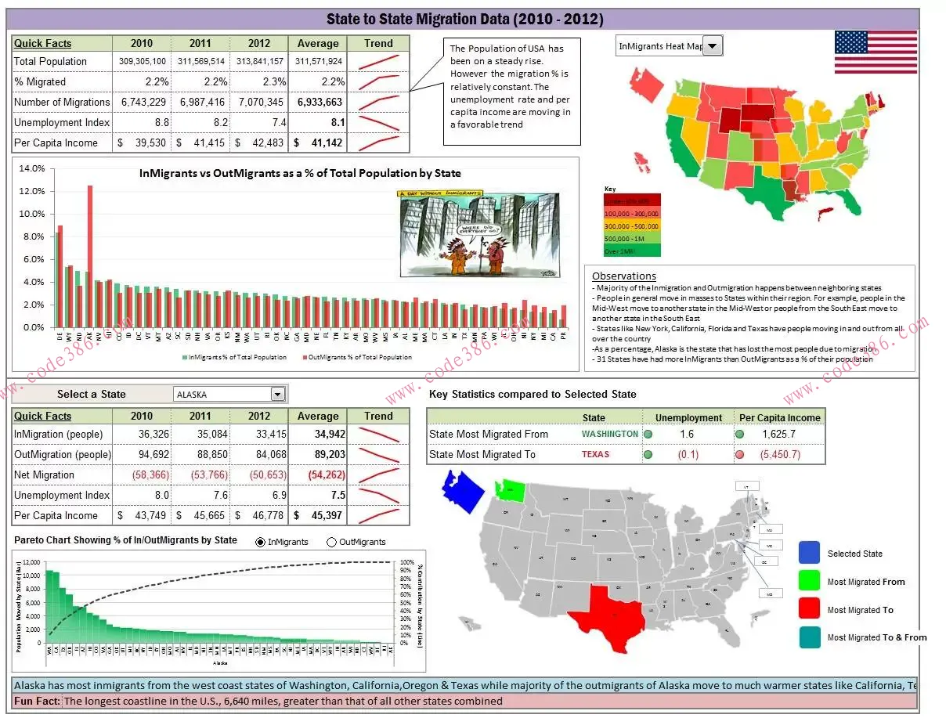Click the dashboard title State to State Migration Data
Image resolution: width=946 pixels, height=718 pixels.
click(464, 20)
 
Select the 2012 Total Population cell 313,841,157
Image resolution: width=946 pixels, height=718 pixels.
click(259, 61)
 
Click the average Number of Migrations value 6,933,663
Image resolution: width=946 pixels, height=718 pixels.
click(319, 102)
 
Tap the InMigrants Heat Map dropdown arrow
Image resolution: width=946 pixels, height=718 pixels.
click(712, 46)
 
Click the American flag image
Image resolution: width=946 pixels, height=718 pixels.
click(876, 52)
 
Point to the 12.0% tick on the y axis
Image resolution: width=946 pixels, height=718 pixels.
click(32, 191)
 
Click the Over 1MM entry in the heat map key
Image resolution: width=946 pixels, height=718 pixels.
click(632, 251)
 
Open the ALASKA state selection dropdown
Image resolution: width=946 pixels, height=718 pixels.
click(277, 394)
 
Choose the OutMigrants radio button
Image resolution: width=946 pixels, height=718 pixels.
click(331, 542)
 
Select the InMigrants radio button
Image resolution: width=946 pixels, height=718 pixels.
click(261, 542)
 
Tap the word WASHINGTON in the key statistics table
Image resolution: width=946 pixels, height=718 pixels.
click(609, 434)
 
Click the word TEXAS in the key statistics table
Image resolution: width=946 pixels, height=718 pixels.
click(595, 454)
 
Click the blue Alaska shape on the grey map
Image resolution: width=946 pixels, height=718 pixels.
click(463, 489)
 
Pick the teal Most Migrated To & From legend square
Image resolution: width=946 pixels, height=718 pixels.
click(809, 637)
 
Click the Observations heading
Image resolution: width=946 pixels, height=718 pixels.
click(623, 276)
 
